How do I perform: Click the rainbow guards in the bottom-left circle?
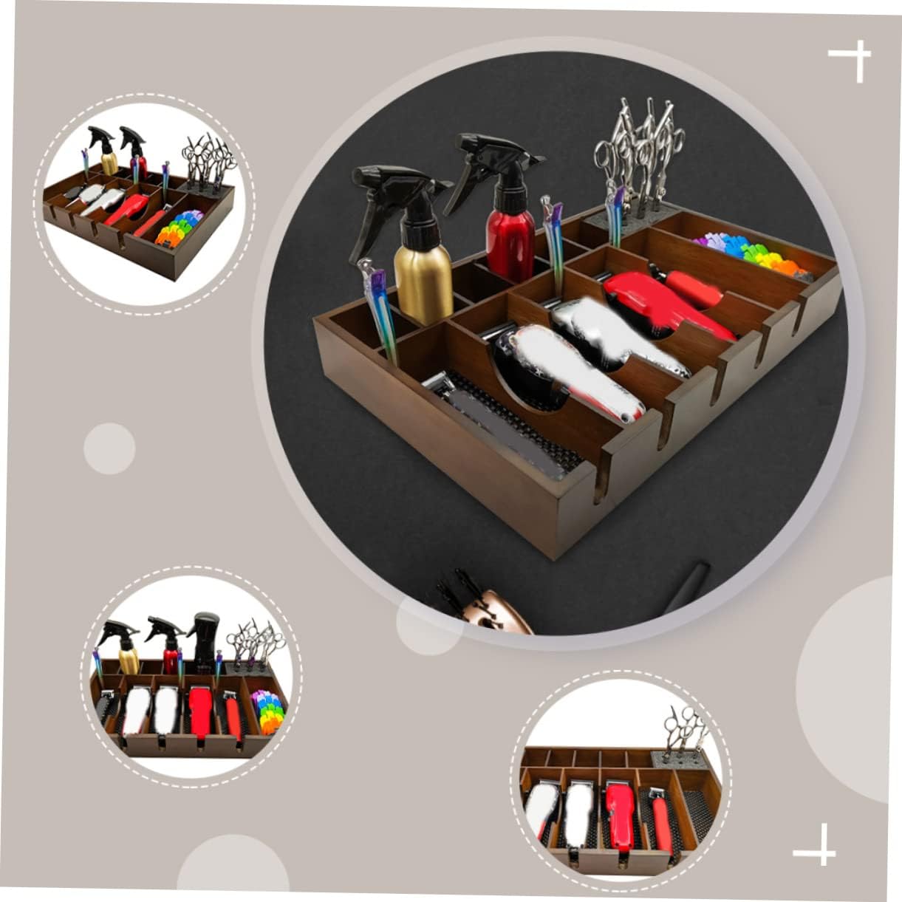point(267,711)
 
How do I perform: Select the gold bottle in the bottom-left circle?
point(129,659)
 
